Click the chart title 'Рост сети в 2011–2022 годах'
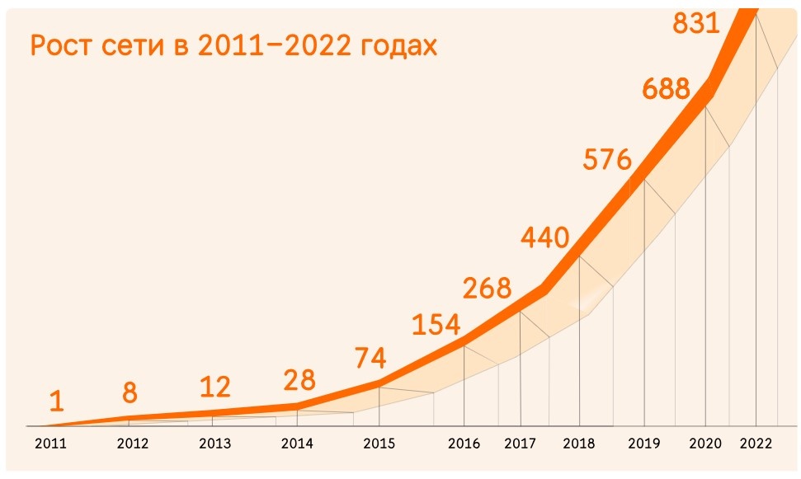click(x=233, y=45)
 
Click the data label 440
click(x=544, y=238)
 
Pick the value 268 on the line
click(x=487, y=289)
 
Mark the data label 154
click(x=436, y=325)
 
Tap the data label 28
click(x=298, y=380)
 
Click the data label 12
click(x=214, y=386)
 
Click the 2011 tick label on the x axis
click(x=50, y=444)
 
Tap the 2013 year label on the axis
click(x=215, y=444)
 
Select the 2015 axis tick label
click(x=379, y=444)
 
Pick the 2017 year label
click(x=520, y=444)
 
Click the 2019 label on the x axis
click(x=643, y=444)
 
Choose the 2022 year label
click(x=756, y=444)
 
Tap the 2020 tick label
click(x=705, y=444)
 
